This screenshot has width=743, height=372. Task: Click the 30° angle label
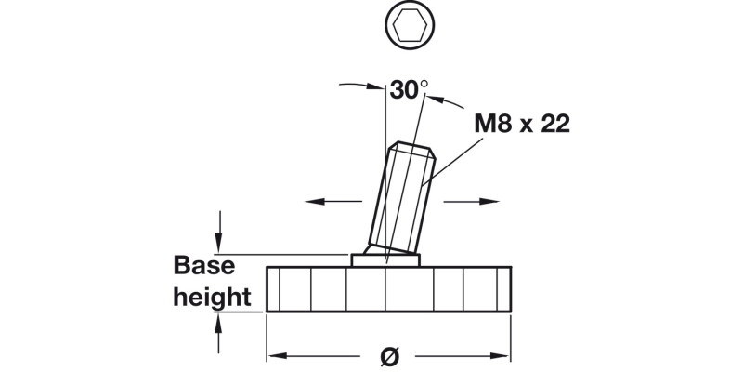pos(409,90)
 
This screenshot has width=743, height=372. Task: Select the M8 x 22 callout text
pos(522,125)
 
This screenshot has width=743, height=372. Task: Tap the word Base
pos(204,266)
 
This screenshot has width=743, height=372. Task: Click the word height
pos(213,298)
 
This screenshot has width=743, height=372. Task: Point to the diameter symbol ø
pos(390,355)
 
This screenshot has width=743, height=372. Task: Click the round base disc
pos(388,289)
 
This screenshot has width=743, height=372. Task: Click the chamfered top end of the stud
pos(408,149)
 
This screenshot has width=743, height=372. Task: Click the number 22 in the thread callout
pos(554,125)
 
